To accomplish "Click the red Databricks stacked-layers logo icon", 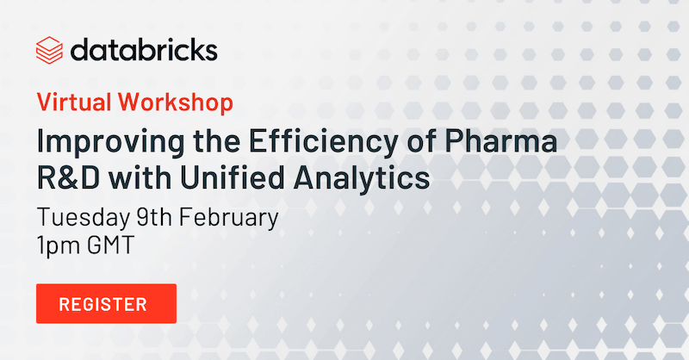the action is coord(49,50).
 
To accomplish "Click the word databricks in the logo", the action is coord(144,50).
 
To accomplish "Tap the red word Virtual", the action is coord(74,102).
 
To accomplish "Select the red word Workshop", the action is coord(176,102).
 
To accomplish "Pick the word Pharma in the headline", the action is coord(501,141).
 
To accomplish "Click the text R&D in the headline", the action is coord(69,177).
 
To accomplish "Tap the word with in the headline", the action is coord(140,177).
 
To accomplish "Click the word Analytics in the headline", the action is coord(362,179).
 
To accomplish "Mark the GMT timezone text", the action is coord(110,245).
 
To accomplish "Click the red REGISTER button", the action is coord(106,304).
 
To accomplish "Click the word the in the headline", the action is coord(217,141).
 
